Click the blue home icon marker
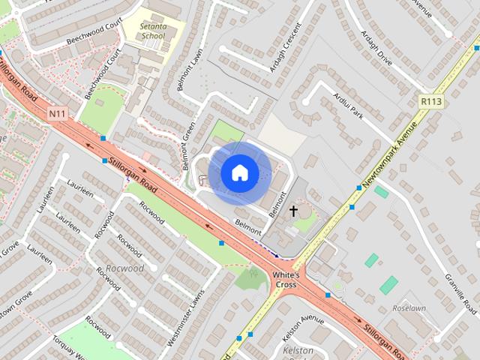239,173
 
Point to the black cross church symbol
293,211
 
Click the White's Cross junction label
286,280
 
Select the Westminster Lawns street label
186,316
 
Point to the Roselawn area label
409,308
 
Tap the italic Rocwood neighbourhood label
124,268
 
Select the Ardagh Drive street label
376,47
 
